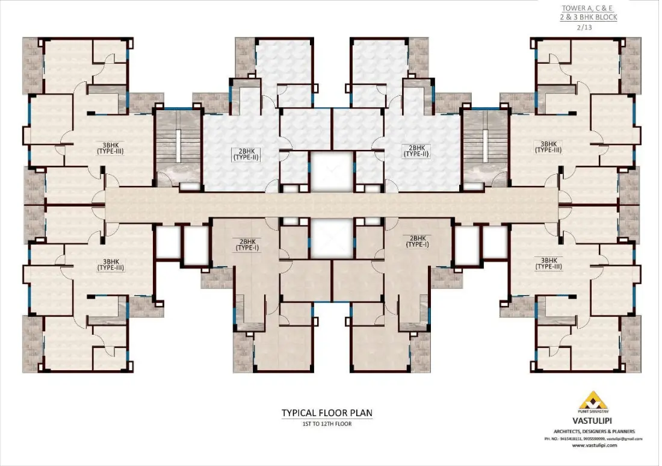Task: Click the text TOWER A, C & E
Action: point(589,8)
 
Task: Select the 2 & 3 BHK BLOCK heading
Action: point(589,17)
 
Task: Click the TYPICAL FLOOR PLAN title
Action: point(327,413)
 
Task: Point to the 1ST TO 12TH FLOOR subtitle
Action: point(327,424)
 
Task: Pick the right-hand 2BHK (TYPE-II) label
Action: point(417,151)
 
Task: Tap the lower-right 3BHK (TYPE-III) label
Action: point(548,263)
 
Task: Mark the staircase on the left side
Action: point(178,146)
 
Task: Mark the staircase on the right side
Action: point(485,146)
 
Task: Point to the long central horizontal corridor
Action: point(330,204)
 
